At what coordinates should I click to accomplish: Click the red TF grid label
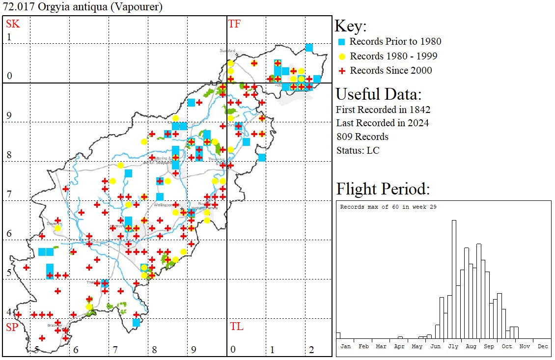click(234, 24)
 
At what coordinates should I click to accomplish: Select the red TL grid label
click(236, 327)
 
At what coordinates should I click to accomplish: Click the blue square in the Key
click(342, 42)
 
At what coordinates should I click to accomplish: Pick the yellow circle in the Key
click(342, 56)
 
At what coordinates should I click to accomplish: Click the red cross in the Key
click(342, 70)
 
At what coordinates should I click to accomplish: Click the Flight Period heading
click(383, 189)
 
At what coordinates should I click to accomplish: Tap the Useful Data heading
click(378, 94)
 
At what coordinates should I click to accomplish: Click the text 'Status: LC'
click(358, 150)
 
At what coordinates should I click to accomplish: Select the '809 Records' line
click(362, 137)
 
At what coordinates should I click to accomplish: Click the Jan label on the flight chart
click(346, 346)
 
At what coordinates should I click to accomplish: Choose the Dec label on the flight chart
click(543, 346)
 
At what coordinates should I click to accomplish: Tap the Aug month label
click(471, 346)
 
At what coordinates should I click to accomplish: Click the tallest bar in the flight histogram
click(454, 280)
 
